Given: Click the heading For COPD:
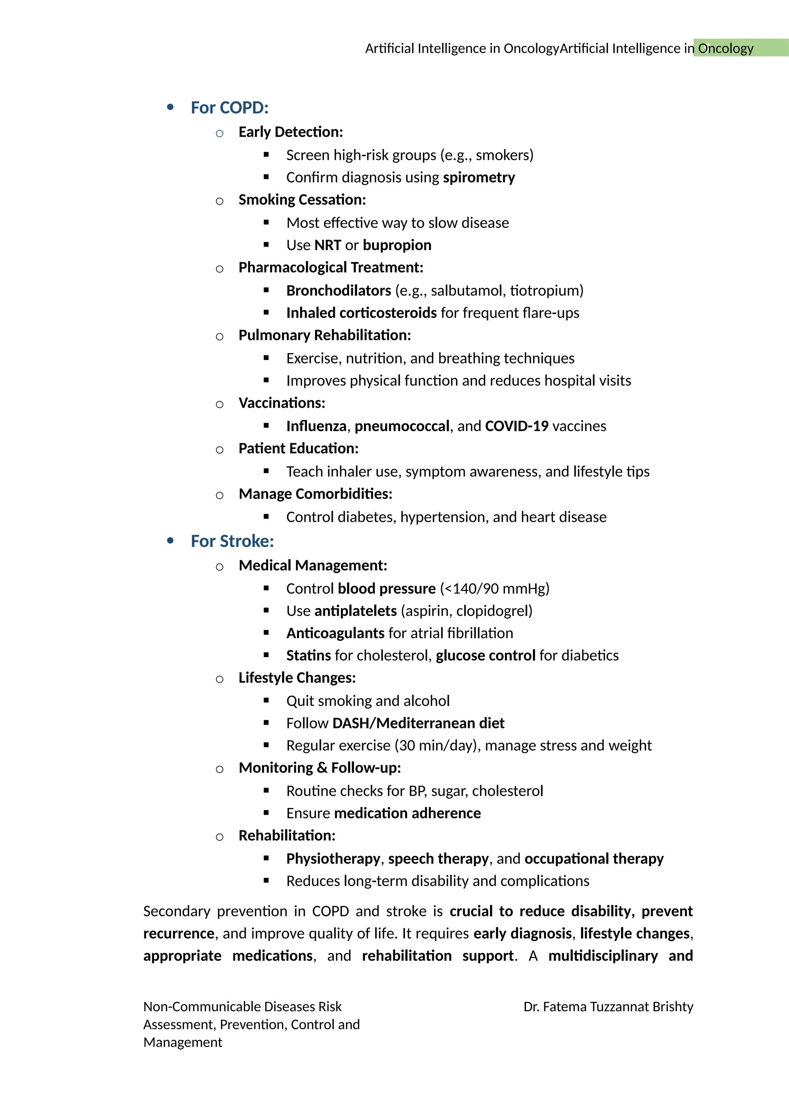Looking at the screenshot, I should tap(229, 108).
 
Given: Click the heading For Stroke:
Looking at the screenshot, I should tap(232, 541).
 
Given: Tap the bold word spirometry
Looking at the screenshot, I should tap(478, 177).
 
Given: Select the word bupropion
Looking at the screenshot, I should tap(397, 245).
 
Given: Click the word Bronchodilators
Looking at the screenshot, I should tap(338, 291).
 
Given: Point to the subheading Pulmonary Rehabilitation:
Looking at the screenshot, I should tap(324, 335).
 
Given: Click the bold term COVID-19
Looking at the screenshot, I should tap(517, 426).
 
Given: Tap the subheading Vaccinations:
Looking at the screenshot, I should tap(282, 403).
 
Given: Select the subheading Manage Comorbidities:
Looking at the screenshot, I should tap(315, 494).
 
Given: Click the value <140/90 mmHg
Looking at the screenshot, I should tap(495, 588).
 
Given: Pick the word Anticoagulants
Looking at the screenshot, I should tap(335, 634).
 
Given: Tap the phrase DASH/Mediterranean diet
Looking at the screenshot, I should tap(418, 723).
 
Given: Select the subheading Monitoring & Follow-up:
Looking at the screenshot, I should tap(320, 768).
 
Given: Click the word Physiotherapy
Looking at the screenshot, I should tap(333, 859).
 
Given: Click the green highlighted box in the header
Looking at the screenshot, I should tap(740, 48).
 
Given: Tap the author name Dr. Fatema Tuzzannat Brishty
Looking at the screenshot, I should tap(608, 1007).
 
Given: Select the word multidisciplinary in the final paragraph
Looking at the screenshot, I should tap(603, 956).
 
